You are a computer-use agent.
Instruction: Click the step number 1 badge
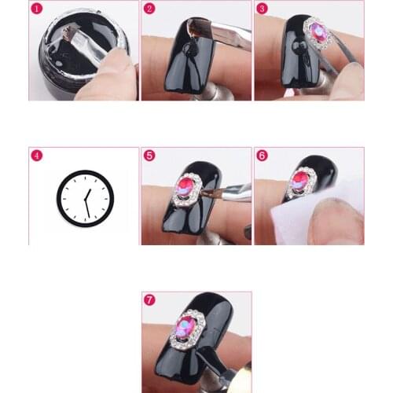(36, 8)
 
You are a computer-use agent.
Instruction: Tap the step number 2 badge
(149, 8)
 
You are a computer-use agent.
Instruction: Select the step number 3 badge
(263, 8)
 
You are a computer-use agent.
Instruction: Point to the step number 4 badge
(36, 155)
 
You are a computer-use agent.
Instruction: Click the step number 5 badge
(149, 155)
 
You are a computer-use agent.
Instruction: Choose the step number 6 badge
(263, 155)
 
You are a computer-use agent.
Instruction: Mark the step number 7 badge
(149, 299)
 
